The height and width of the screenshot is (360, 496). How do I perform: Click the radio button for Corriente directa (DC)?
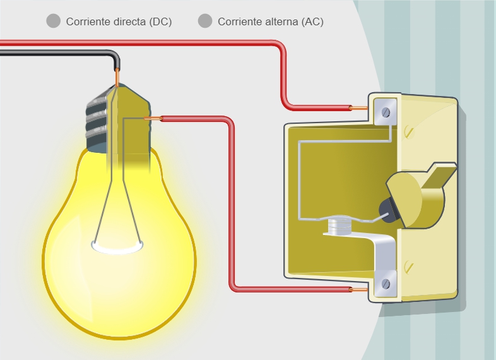coord(54,21)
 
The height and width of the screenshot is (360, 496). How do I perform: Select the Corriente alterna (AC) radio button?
coord(205,21)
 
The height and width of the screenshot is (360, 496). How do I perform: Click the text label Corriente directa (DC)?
coord(119,21)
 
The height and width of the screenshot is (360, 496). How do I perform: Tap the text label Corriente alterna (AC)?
coord(271,21)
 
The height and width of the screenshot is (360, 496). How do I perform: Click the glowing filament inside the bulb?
coord(117,247)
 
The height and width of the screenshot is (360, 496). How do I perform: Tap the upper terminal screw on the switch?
coord(386,112)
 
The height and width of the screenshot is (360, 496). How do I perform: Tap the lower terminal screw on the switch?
coord(386,284)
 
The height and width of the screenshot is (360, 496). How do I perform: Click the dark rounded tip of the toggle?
coord(387,210)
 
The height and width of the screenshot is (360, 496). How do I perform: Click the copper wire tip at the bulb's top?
coord(117,77)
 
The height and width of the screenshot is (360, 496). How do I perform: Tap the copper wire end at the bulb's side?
coord(153,118)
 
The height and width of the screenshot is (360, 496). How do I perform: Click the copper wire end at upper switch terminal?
coord(358,108)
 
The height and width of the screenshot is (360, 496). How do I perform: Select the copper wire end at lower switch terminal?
coord(358,289)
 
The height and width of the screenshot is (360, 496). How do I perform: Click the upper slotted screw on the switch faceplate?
coord(409,132)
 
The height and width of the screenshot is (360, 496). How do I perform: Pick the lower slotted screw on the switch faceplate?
coord(409,267)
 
